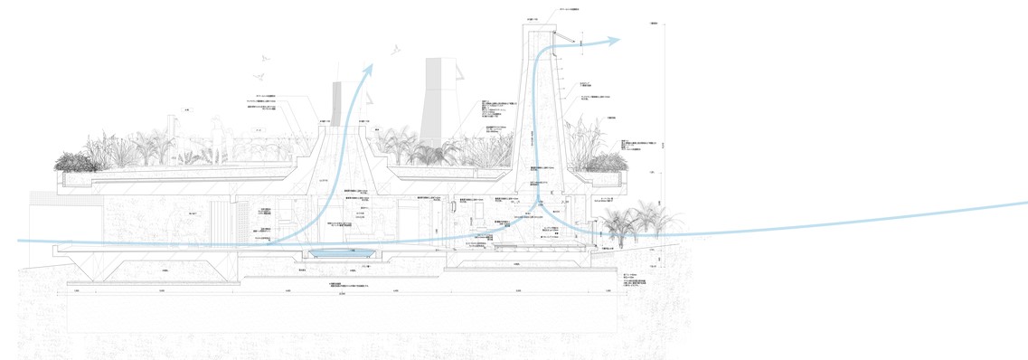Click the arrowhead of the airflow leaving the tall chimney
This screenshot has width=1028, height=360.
[x=614, y=41]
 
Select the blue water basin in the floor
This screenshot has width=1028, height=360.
[x=343, y=253]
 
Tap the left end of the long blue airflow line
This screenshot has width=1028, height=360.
[x=20, y=242]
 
